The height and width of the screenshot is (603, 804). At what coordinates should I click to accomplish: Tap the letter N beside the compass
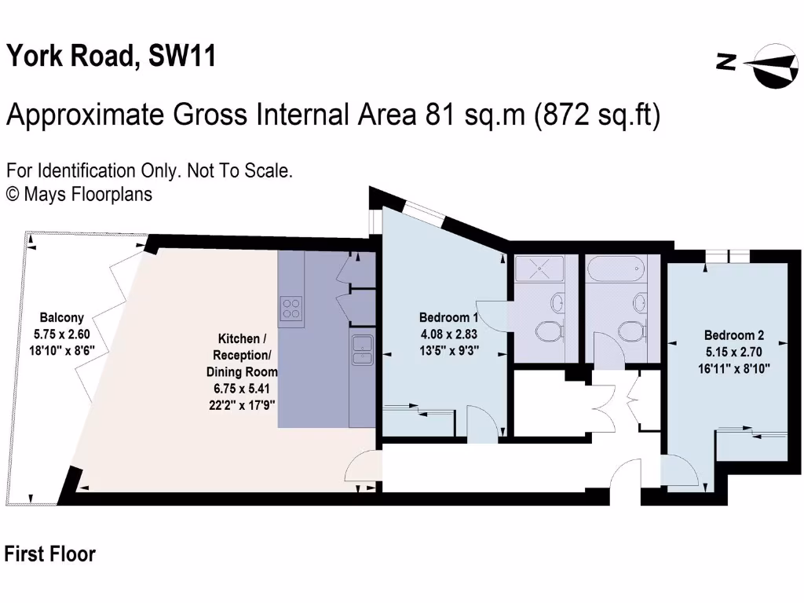727,62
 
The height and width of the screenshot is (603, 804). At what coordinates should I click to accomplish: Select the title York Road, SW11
111,57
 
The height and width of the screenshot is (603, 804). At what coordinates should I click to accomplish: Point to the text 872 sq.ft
598,115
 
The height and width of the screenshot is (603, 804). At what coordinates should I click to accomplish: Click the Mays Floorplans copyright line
79,193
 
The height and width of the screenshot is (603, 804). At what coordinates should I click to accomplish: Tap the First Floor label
50,554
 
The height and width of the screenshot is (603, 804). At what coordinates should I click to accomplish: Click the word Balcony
61,318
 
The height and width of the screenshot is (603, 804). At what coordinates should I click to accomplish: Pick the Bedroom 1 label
448,318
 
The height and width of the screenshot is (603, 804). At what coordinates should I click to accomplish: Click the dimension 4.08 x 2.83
448,333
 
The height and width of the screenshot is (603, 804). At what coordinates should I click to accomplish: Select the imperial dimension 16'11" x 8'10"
733,366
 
